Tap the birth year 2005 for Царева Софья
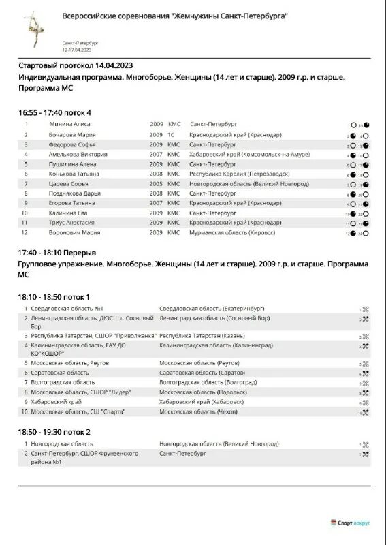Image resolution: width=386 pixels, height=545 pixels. click(156, 184)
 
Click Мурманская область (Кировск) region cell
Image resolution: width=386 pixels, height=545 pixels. click(232, 232)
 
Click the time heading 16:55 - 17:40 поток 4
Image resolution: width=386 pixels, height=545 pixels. click(54, 112)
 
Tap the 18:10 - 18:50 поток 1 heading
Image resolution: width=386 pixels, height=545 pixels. click(54, 297)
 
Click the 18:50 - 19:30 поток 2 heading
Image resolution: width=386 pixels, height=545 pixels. click(54, 432)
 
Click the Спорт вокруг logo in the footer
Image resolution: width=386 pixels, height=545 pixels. click(353, 523)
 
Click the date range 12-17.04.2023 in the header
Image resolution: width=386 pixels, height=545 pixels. click(77, 50)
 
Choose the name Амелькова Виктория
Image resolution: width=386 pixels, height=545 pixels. click(74, 155)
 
